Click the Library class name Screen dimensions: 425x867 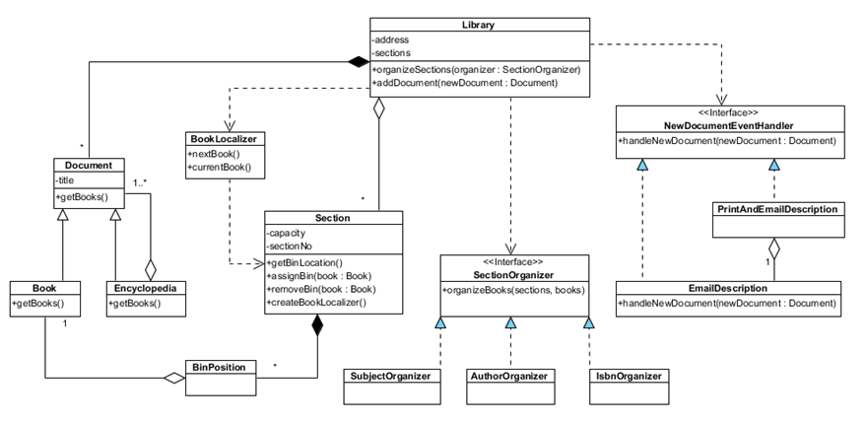(x=478, y=24)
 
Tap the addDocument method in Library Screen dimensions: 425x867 (x=462, y=84)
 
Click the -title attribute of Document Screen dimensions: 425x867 (x=70, y=180)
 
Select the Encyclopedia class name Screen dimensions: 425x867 (x=145, y=288)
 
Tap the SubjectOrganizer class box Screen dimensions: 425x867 (x=392, y=376)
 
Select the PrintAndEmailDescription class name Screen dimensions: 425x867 (x=774, y=210)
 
